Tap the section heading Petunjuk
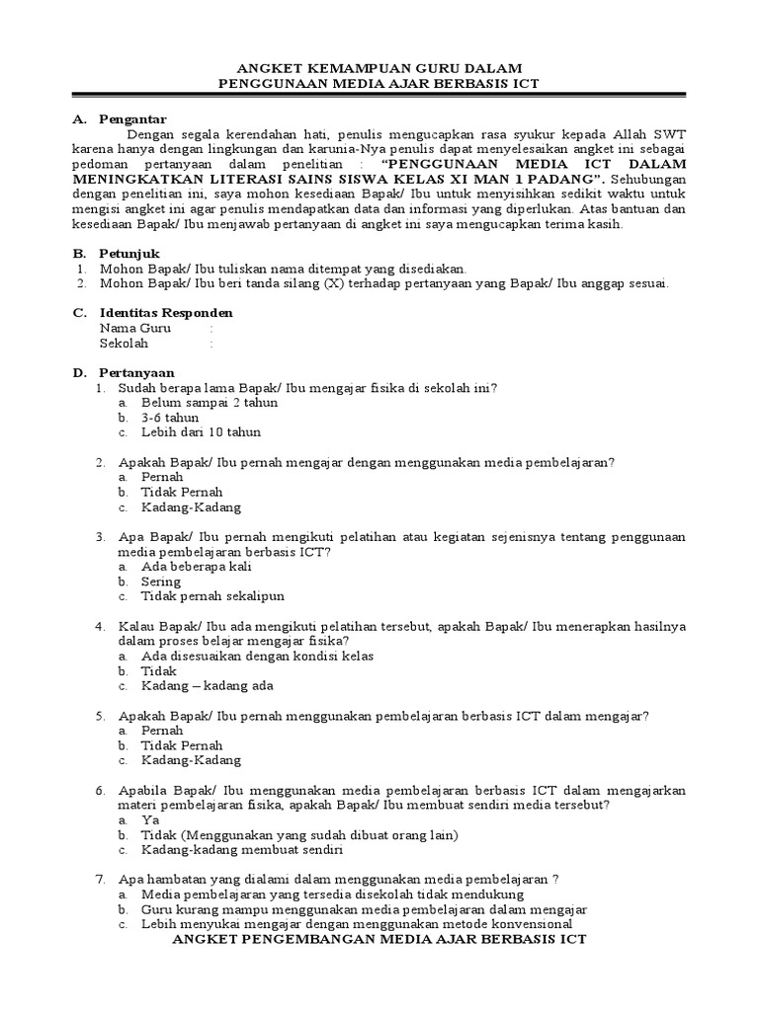point(129,254)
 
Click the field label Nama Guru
point(135,328)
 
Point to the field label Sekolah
point(124,343)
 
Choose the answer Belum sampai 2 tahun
point(210,403)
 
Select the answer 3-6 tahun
point(170,418)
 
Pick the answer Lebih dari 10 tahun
point(202,432)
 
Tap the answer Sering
point(161,582)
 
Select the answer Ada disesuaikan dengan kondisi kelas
point(257,656)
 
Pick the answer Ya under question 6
point(150,819)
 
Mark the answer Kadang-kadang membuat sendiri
point(241,849)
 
